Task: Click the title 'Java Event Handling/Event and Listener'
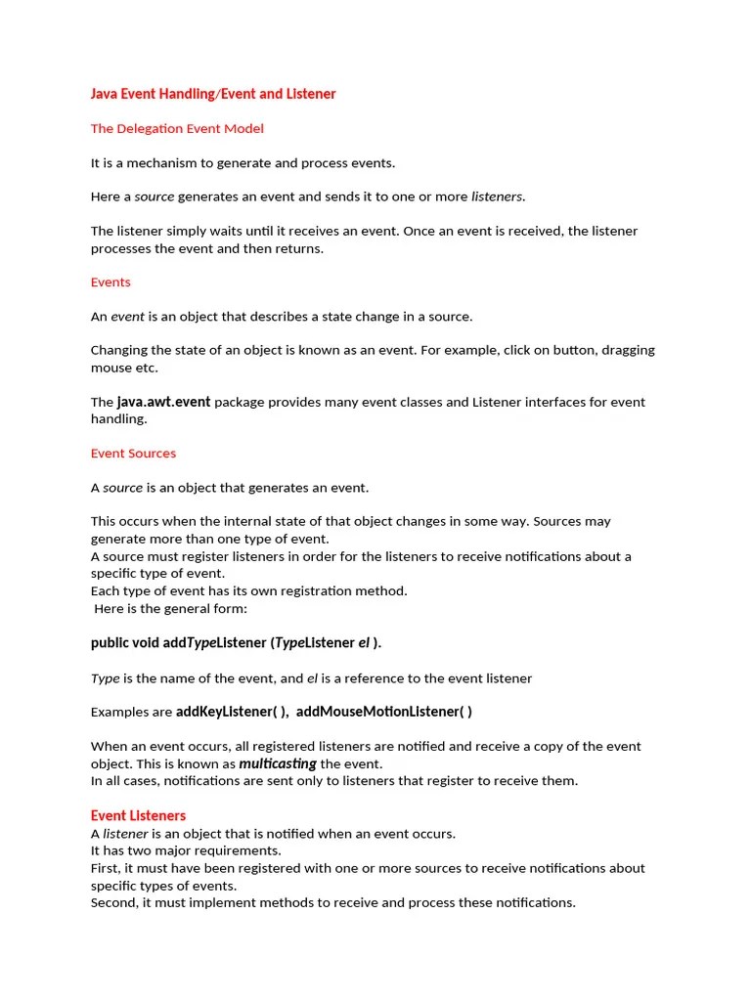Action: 212,94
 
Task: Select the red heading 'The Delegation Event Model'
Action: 177,128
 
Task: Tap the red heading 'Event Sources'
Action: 133,453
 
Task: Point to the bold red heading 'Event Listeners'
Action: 138,815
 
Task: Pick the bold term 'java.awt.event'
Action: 163,401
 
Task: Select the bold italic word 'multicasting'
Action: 278,763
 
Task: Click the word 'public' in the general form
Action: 110,642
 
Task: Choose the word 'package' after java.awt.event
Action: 241,402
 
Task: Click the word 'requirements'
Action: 213,850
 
